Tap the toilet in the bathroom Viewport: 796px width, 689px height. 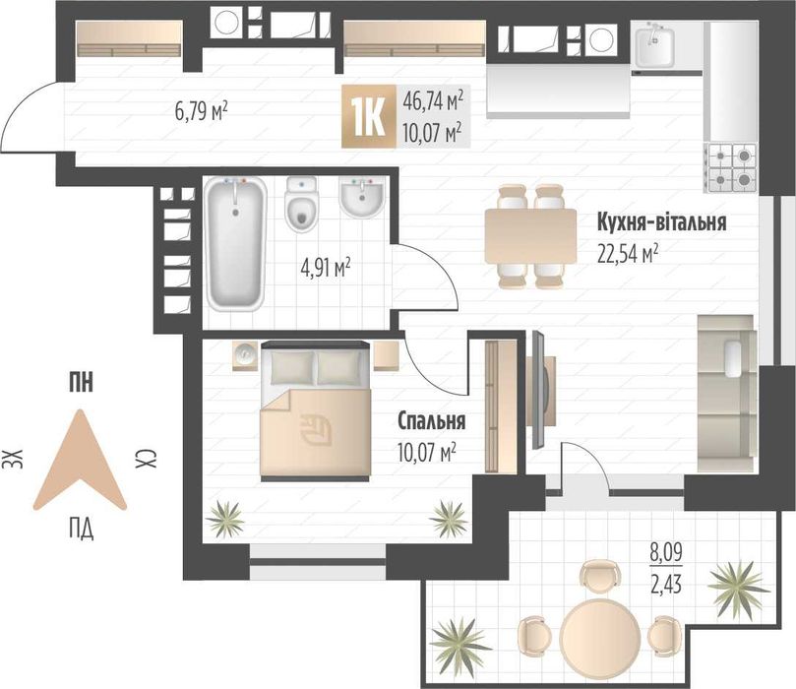pos(301,204)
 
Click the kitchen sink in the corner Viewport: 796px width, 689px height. pos(655,46)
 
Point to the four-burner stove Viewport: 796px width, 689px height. pos(730,167)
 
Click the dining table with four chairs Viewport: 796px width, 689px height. pos(531,236)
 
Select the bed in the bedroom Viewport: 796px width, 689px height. pos(315,410)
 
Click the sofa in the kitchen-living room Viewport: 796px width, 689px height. pos(727,393)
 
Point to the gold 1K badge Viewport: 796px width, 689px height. pos(369,116)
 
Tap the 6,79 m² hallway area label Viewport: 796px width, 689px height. pos(201,110)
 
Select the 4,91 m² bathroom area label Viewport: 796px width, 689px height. pos(327,268)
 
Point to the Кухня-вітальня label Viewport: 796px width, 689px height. pos(661,222)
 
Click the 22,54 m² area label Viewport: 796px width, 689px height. pos(629,254)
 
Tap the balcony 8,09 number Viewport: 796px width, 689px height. pos(666,553)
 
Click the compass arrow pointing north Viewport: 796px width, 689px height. pos(81,460)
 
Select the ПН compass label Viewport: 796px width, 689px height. pos(82,382)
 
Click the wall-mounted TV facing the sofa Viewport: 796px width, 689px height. pos(537,390)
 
